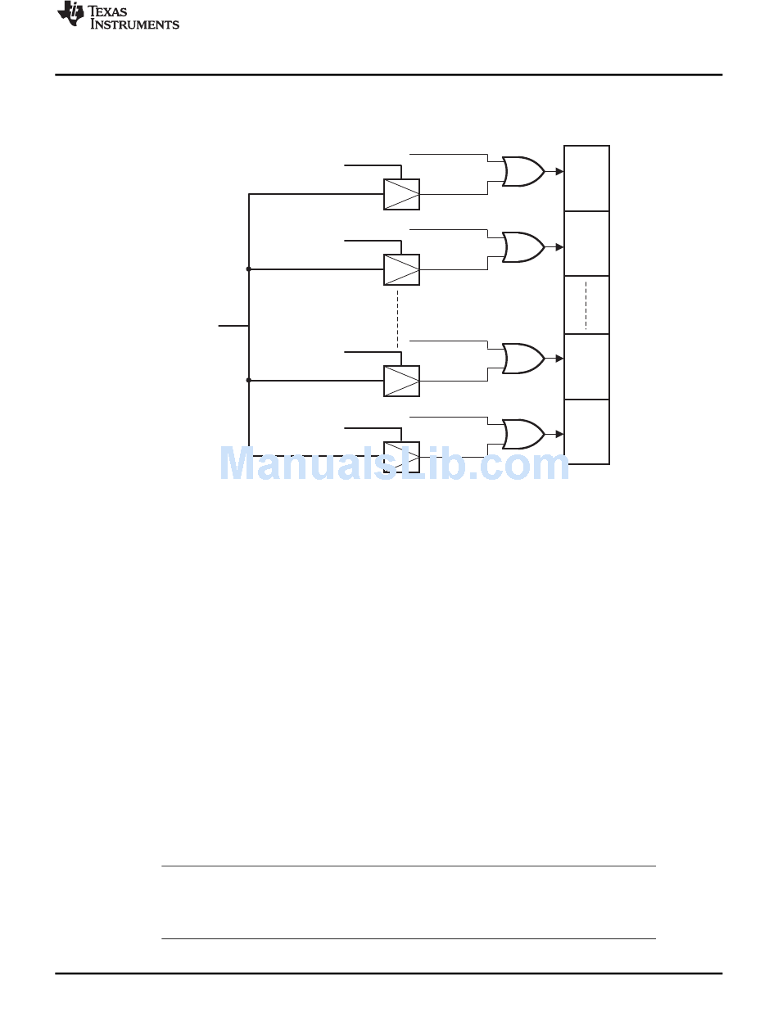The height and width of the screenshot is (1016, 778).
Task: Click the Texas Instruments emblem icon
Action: pyautogui.click(x=70, y=13)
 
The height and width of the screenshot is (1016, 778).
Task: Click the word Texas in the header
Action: pyautogui.click(x=107, y=11)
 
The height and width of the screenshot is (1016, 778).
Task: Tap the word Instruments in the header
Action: pyautogui.click(x=134, y=24)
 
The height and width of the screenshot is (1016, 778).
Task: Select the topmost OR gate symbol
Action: pyautogui.click(x=523, y=172)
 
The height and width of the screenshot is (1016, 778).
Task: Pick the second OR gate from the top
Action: pyautogui.click(x=523, y=247)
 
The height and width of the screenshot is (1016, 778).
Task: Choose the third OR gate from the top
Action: pyautogui.click(x=523, y=359)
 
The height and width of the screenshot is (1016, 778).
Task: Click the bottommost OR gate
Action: pyautogui.click(x=523, y=435)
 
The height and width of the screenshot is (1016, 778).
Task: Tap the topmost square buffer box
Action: pyautogui.click(x=401, y=195)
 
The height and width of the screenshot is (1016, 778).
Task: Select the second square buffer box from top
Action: pyautogui.click(x=401, y=270)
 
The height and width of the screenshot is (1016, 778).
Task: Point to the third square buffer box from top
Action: pyautogui.click(x=401, y=381)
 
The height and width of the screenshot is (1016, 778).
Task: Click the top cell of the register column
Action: pyautogui.click(x=586, y=178)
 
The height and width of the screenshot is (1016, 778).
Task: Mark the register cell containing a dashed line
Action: pyautogui.click(x=586, y=305)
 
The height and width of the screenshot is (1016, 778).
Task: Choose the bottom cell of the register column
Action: pyautogui.click(x=586, y=432)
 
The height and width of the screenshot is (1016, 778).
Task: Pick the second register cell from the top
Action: pyautogui.click(x=586, y=244)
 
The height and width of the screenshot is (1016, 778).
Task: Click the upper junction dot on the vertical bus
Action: pyautogui.click(x=249, y=269)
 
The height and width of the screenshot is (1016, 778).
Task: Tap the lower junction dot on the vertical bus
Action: pyautogui.click(x=249, y=381)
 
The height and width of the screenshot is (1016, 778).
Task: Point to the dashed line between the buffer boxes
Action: pyautogui.click(x=398, y=318)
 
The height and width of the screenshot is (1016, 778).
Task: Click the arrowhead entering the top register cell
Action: pyautogui.click(x=559, y=172)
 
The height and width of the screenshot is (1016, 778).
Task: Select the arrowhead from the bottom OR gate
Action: pyautogui.click(x=559, y=435)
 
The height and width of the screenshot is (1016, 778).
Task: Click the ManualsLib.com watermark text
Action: pyautogui.click(x=394, y=464)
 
